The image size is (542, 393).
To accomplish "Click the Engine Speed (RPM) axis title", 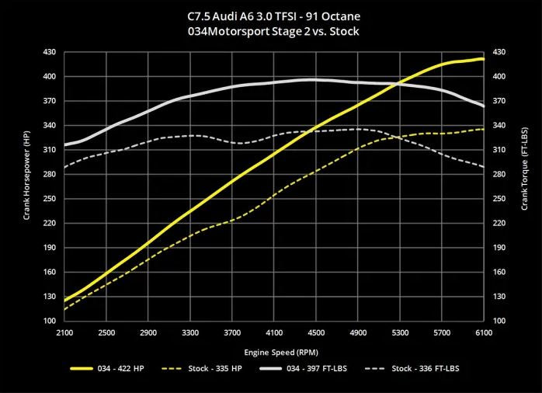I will point(274,351).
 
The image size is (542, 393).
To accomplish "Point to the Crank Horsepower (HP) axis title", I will point(26,186).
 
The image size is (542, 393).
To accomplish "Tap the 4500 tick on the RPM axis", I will point(316,332).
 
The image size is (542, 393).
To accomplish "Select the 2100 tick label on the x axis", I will point(65,332).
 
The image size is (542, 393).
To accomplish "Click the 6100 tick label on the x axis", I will point(483,332).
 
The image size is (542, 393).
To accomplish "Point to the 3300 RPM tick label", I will point(190,332).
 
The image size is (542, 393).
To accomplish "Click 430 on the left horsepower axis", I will point(50,52).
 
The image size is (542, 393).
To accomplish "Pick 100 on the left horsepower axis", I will point(50,321).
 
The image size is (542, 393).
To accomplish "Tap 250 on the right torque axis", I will point(499,198).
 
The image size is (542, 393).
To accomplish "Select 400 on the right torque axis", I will point(499,76).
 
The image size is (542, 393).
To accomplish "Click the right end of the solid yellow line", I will point(483,59).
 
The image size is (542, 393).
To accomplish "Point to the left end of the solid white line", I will point(65,145).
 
